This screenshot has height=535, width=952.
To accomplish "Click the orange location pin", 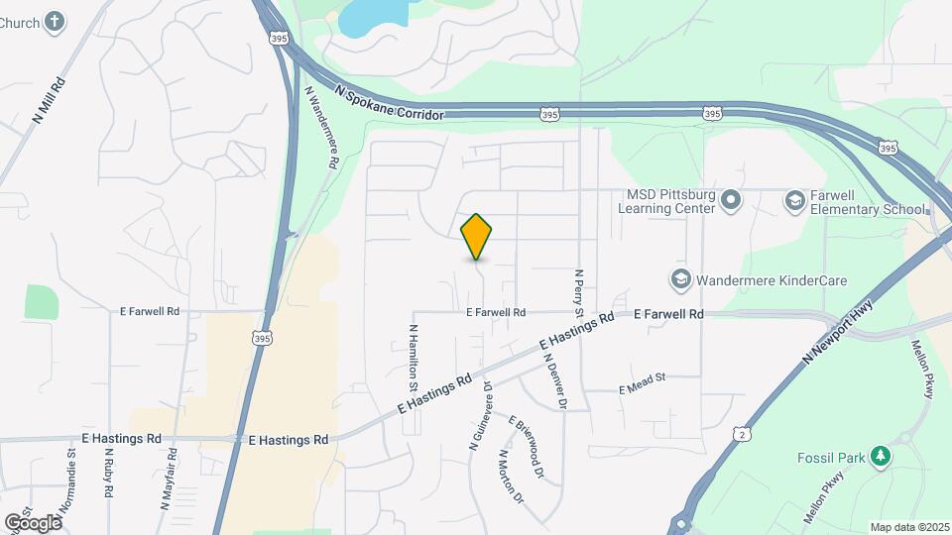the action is coord(477,236).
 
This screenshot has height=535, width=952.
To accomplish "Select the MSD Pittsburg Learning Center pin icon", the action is coord(732,201).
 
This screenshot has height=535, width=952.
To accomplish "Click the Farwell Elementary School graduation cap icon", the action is coord(794,201).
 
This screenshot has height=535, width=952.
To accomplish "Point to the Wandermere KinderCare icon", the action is coord(680,280).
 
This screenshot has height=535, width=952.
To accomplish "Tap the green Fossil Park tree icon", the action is coord(879,457).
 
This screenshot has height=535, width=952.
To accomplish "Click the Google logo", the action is coord(33,522).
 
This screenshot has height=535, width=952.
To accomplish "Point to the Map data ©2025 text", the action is coord(908,526).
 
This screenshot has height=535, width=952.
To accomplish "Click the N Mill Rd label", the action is coord(50,100).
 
